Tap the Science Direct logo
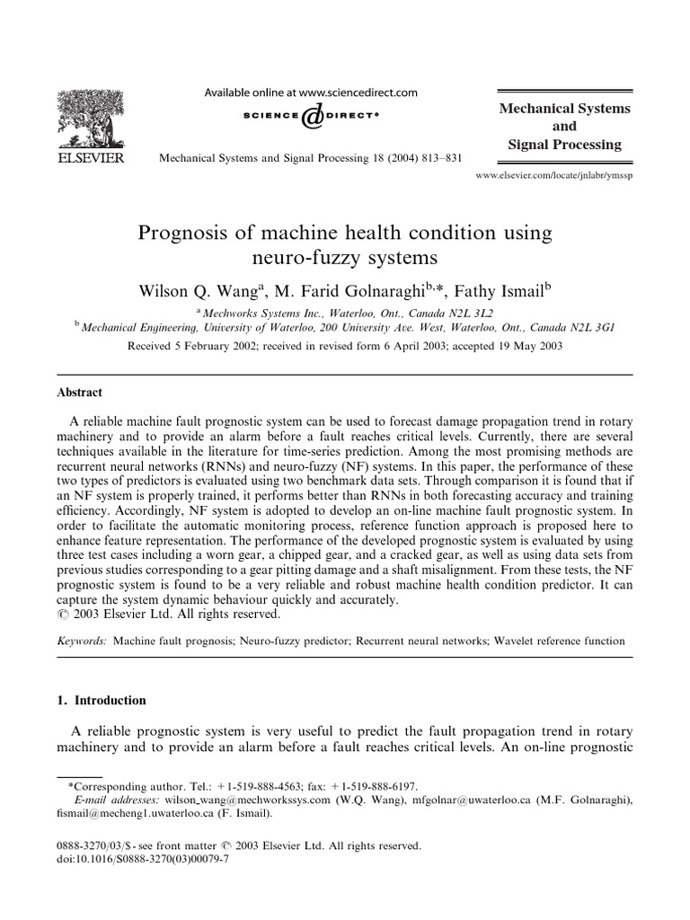(312, 116)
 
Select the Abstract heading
(80, 393)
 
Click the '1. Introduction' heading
(102, 701)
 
